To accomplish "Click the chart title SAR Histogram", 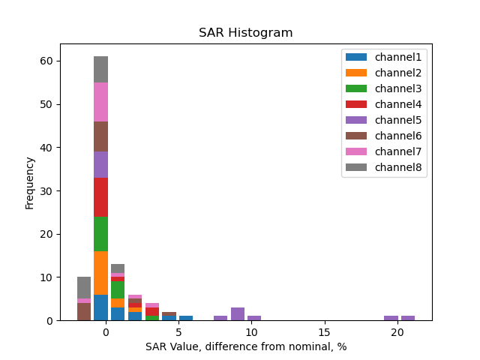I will point(245,33).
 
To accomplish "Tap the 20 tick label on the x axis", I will point(397,331).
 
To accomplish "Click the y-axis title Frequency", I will point(30,182).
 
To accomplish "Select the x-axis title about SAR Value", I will point(245,346).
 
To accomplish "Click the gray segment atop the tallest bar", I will point(100,69).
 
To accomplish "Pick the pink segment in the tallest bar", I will point(100,102).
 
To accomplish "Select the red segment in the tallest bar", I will point(100,197).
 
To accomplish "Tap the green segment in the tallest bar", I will point(100,234).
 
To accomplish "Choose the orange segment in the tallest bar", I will point(100,273).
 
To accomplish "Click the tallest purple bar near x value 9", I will point(238,313).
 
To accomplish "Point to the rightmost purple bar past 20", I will point(407,318).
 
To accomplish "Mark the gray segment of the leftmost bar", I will point(84,287).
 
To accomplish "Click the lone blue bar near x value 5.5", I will point(186,318).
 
